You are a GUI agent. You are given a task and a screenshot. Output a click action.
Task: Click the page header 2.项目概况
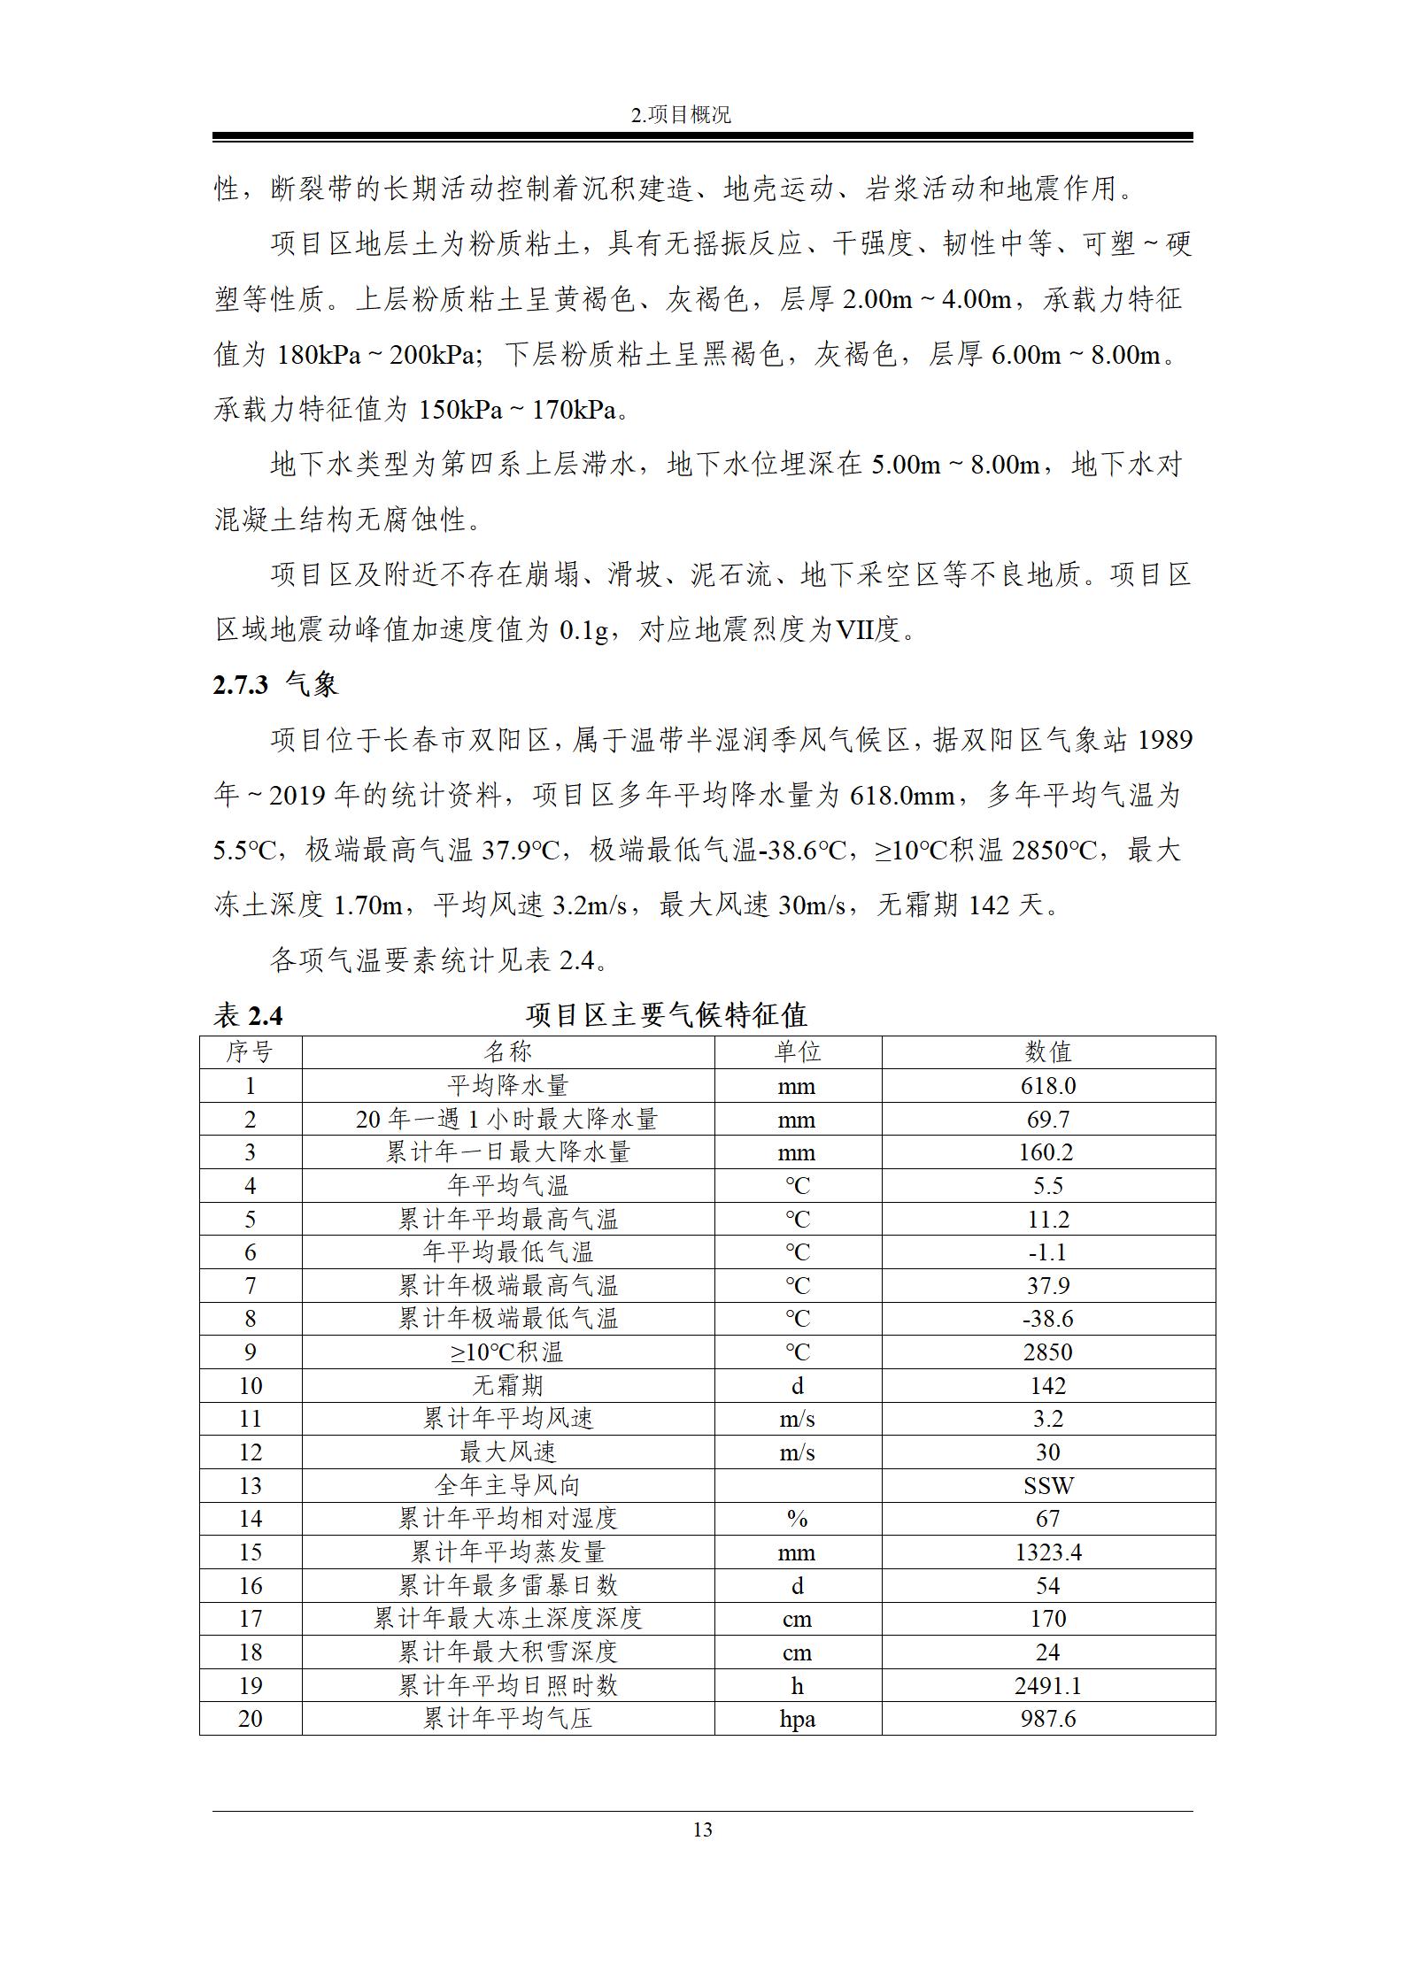[682, 114]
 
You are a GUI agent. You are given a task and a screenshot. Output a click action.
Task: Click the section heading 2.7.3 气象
[275, 684]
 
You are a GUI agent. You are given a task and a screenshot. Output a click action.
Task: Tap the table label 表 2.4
[248, 1015]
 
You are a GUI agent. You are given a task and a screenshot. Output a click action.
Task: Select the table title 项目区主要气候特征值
[666, 1015]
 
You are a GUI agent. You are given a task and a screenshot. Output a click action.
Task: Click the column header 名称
[507, 1051]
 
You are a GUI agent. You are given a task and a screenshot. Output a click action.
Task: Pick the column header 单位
[797, 1051]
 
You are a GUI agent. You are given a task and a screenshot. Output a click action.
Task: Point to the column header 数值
[1047, 1051]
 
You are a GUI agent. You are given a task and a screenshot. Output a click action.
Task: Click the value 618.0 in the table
[1047, 1086]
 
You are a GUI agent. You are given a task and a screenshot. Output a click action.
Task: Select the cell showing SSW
[1047, 1486]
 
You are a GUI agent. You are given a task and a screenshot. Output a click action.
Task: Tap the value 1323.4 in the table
[1047, 1552]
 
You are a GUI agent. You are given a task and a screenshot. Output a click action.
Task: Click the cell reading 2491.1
[1047, 1685]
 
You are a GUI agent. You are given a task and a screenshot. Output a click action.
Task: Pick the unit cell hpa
[797, 1719]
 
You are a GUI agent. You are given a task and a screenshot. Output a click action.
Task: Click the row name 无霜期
[507, 1386]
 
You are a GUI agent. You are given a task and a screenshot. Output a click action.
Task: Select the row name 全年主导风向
[507, 1486]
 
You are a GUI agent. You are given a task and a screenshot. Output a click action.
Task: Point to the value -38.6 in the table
[1047, 1319]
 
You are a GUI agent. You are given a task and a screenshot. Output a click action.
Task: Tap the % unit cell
[797, 1519]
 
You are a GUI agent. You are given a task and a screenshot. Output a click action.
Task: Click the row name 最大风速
[507, 1452]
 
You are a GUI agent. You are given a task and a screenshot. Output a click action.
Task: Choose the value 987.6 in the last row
[1047, 1719]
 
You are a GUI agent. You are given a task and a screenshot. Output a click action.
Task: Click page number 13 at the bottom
[702, 1829]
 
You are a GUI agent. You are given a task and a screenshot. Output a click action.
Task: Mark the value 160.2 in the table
[1047, 1152]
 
